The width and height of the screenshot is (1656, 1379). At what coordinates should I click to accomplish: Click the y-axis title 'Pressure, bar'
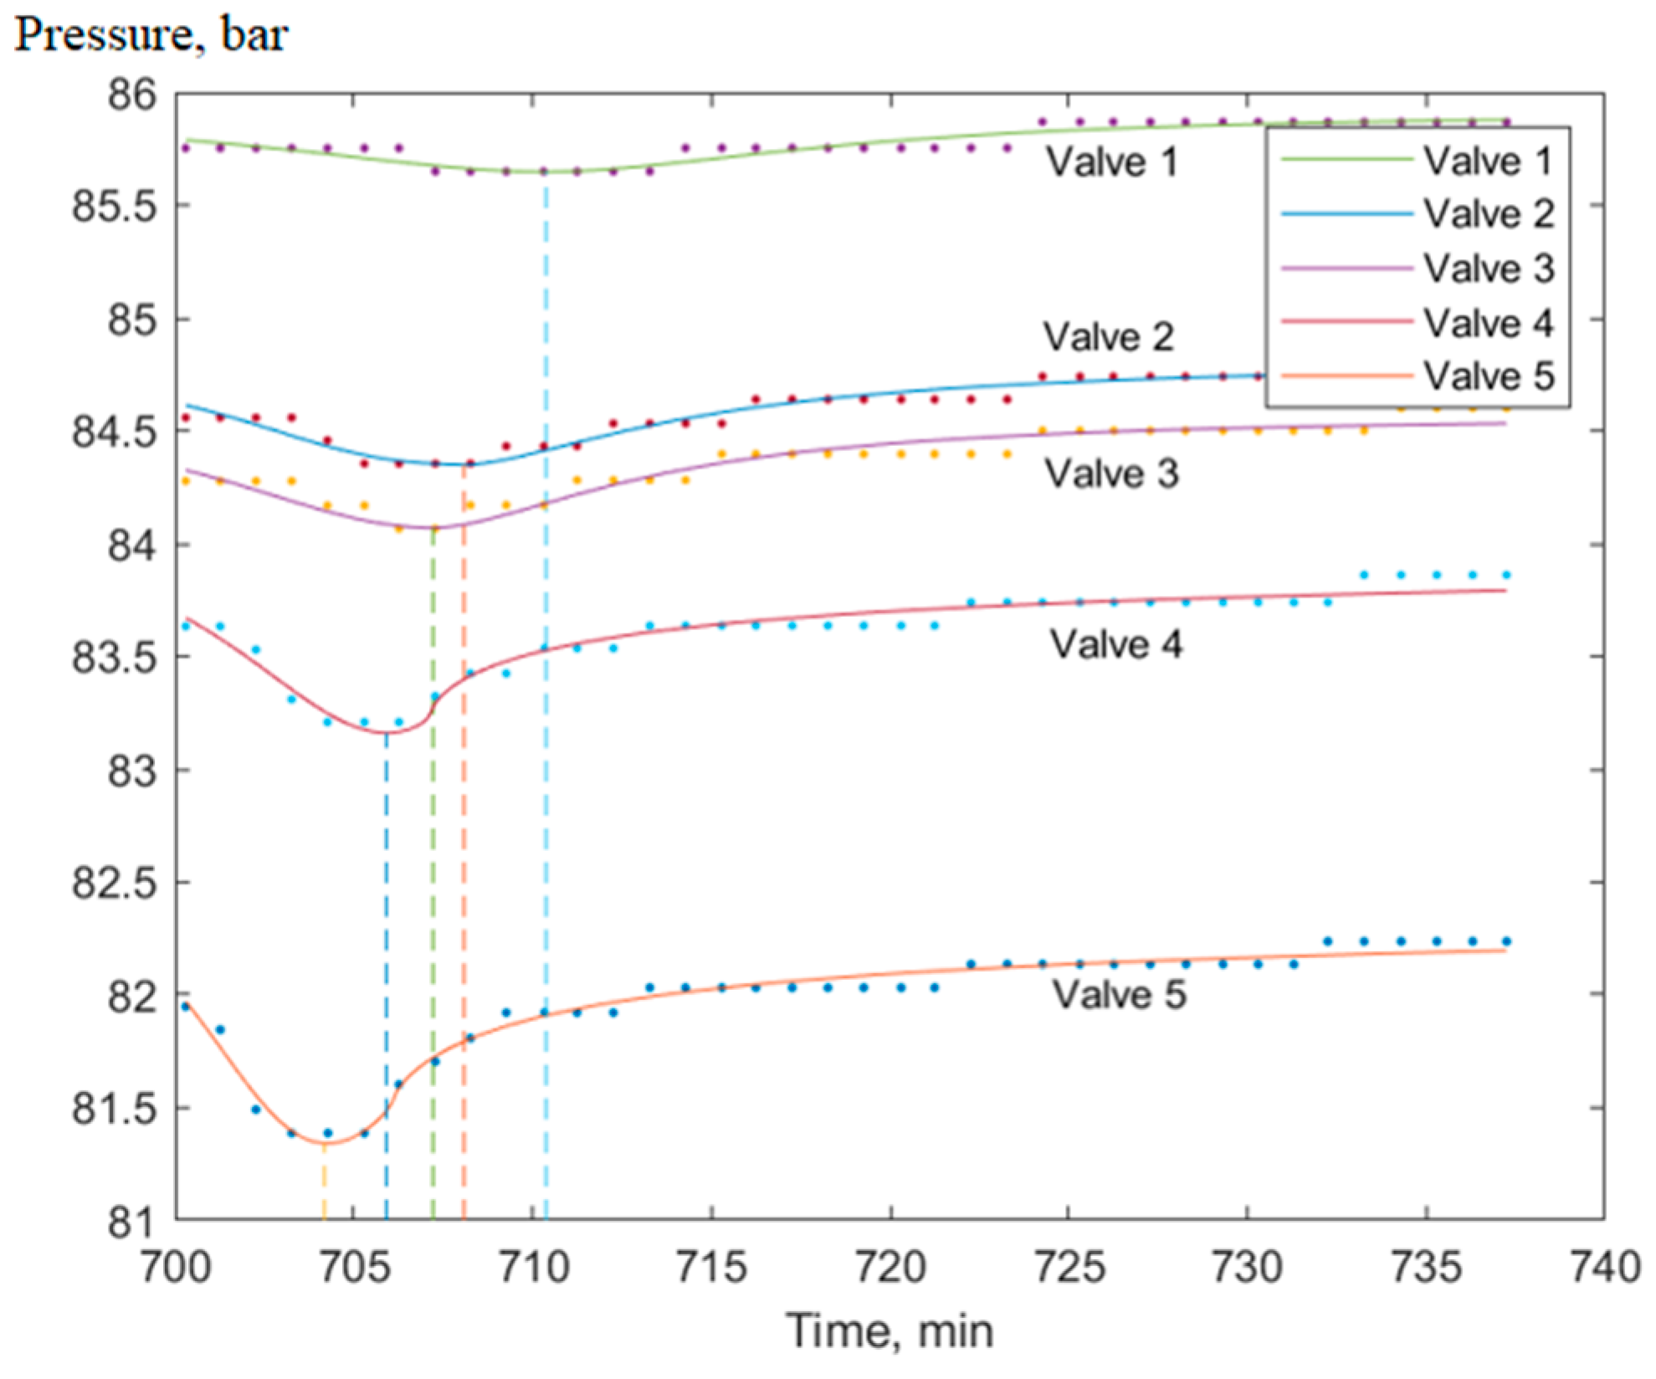click(151, 35)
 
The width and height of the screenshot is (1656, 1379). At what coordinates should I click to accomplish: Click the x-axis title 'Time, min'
click(890, 1331)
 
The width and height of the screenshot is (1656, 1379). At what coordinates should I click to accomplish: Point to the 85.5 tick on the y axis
click(115, 207)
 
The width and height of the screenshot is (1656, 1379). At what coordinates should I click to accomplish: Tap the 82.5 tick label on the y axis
click(115, 883)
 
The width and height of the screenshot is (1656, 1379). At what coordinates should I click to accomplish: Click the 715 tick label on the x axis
click(711, 1267)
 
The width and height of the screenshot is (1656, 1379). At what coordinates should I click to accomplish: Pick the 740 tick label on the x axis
click(1604, 1267)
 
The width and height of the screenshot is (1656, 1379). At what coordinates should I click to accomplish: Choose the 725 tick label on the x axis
click(1069, 1267)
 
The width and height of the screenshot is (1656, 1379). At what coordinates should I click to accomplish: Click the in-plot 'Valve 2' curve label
click(1108, 337)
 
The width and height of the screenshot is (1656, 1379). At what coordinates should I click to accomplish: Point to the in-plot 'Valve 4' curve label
click(1115, 644)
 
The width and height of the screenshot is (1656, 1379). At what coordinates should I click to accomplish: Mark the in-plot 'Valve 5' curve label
click(1119, 995)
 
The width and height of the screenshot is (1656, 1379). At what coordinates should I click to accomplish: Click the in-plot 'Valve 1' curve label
click(1111, 161)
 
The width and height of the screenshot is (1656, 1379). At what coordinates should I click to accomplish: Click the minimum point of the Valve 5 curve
click(325, 1143)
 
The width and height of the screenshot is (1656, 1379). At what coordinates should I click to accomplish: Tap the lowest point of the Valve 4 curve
click(387, 733)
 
